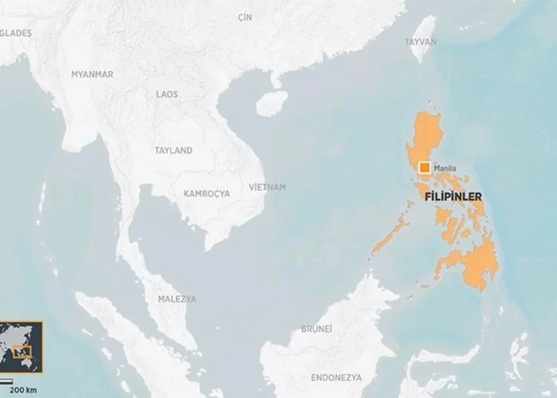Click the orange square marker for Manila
(425, 169)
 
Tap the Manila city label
(445, 169)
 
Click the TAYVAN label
(420, 42)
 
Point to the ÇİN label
(245, 16)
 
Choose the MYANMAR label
(92, 74)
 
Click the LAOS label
(167, 94)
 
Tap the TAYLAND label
(173, 150)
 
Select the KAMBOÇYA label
(206, 193)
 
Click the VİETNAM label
(267, 187)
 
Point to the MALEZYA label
(177, 298)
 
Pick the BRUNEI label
(316, 328)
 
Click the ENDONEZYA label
(337, 377)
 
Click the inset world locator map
(22, 347)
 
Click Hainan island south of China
(272, 103)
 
